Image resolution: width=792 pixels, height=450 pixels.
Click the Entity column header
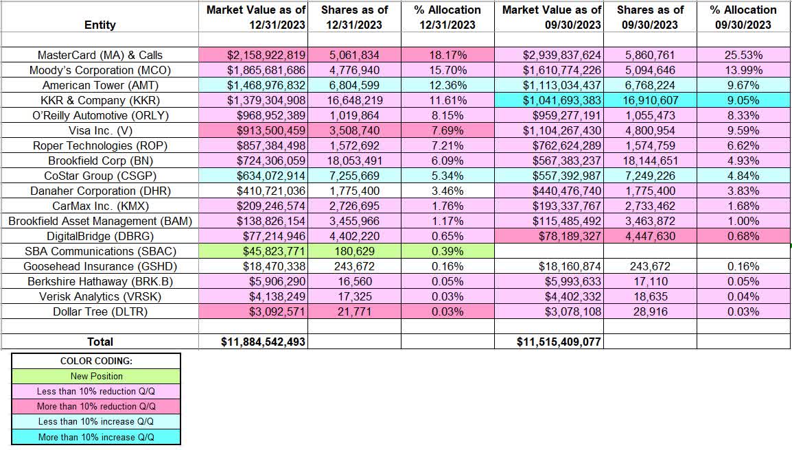click(x=100, y=25)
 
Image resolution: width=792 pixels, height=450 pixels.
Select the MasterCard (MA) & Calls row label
click(x=100, y=55)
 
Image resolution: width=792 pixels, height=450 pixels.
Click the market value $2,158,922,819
click(x=253, y=55)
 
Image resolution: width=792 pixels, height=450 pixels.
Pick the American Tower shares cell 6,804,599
click(x=354, y=85)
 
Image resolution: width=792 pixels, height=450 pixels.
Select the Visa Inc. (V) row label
click(x=100, y=130)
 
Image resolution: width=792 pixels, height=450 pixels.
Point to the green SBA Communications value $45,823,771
click(x=253, y=251)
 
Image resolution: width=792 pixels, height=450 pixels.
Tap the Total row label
click(x=100, y=342)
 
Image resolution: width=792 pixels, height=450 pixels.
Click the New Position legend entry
click(x=96, y=376)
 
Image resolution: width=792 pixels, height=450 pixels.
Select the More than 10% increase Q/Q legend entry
click(x=96, y=437)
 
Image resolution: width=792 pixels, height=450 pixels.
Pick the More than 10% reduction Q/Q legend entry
click(x=96, y=406)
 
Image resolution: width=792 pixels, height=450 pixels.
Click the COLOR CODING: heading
click(x=96, y=361)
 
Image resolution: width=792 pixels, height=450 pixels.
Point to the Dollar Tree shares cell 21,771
click(x=354, y=311)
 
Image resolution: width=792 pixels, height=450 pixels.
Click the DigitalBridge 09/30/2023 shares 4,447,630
click(x=650, y=236)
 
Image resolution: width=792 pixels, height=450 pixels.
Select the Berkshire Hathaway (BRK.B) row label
click(x=100, y=281)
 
